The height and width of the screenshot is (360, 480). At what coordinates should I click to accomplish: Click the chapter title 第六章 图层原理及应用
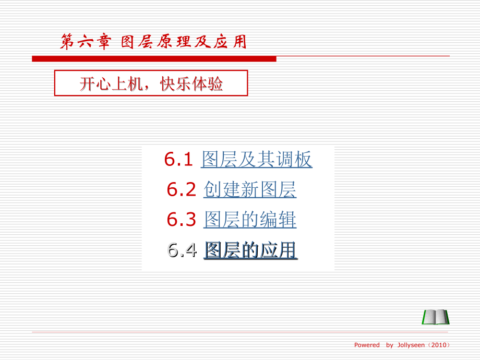click(x=153, y=42)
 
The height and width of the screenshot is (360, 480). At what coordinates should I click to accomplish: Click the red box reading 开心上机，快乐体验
click(x=151, y=84)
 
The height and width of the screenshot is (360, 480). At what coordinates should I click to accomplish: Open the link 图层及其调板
click(x=256, y=160)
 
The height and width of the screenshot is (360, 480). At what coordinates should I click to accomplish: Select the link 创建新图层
click(x=249, y=190)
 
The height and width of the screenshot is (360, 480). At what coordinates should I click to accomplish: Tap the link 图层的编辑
click(x=249, y=220)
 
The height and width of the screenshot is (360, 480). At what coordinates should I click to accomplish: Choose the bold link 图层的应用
click(x=250, y=250)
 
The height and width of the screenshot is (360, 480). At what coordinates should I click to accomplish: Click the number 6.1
click(x=179, y=160)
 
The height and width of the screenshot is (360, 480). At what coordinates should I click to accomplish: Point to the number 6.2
click(x=181, y=190)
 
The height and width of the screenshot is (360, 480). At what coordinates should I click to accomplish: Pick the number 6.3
click(x=181, y=220)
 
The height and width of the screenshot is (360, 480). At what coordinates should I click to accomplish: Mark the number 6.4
click(x=182, y=250)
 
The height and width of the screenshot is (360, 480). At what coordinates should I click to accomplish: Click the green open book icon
click(x=436, y=317)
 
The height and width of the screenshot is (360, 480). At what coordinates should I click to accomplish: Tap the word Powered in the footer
click(x=367, y=345)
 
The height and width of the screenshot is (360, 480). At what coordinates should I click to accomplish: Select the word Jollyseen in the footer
click(x=411, y=345)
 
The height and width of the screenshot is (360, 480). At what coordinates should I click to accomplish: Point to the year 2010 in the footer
click(x=438, y=345)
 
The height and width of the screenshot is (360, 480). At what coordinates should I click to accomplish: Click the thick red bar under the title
click(x=154, y=59)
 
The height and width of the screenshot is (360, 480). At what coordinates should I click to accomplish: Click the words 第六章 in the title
click(x=85, y=42)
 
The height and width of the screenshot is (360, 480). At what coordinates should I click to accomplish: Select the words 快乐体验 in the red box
click(x=192, y=84)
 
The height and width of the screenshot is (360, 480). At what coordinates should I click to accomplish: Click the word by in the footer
click(x=389, y=345)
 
